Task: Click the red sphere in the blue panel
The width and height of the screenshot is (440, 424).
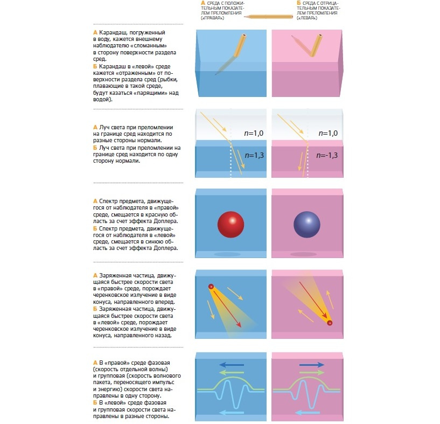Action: (232, 224)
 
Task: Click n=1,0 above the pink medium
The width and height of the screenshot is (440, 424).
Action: (328, 133)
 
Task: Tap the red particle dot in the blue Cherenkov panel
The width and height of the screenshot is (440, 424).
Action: (211, 287)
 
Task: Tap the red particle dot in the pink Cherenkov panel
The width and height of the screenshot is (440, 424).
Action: (330, 323)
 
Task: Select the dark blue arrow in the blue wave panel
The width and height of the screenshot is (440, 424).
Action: (231, 364)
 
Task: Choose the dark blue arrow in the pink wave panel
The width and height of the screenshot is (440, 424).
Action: (306, 364)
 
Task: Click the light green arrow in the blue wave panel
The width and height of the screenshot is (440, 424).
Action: (231, 372)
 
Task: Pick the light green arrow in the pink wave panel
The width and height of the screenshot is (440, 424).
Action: (306, 372)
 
